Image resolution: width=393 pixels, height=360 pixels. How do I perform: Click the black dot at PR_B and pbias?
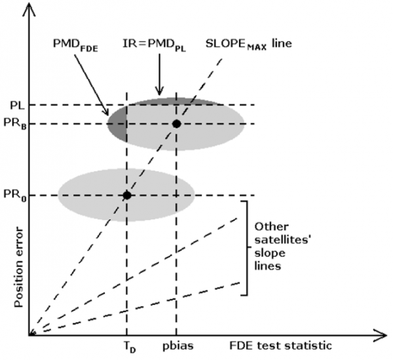pyautogui.click(x=176, y=123)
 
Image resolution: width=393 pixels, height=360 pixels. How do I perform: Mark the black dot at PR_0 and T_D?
pyautogui.click(x=126, y=195)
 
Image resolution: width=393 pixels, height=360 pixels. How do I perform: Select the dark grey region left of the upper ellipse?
pyautogui.click(x=117, y=123)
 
